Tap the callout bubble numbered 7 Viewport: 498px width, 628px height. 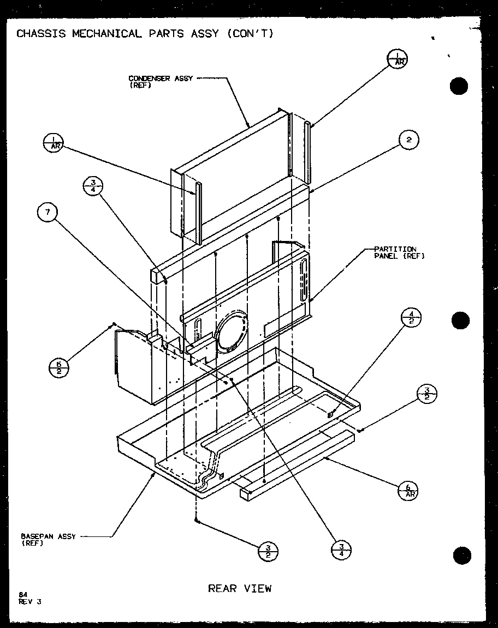(x=48, y=213)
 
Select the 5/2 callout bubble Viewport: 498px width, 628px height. (x=59, y=365)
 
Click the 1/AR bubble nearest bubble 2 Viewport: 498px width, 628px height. (x=397, y=59)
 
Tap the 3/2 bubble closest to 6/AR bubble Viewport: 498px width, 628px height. (x=427, y=394)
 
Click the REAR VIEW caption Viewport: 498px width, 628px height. (x=240, y=588)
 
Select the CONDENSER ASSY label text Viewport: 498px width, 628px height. (x=160, y=78)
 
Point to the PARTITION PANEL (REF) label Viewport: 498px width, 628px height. (x=399, y=252)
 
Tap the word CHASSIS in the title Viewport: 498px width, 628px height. (x=41, y=34)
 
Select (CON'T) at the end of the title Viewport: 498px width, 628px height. (x=249, y=34)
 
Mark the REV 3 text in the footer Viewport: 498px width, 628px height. (x=30, y=602)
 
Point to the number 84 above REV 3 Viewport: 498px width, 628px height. (x=23, y=595)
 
